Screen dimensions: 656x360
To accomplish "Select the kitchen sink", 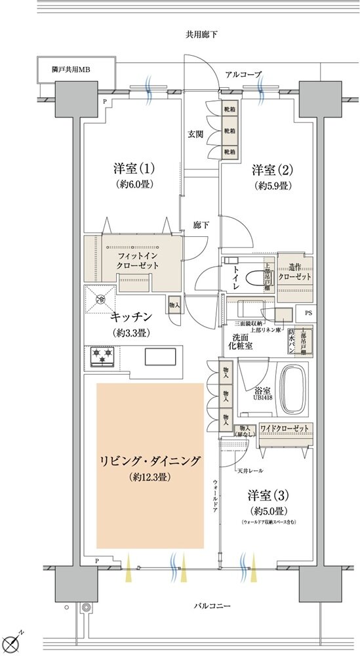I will [x=160, y=356].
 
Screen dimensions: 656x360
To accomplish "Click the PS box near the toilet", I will [x=307, y=314].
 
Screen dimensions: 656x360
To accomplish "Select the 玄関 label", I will [x=195, y=134].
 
